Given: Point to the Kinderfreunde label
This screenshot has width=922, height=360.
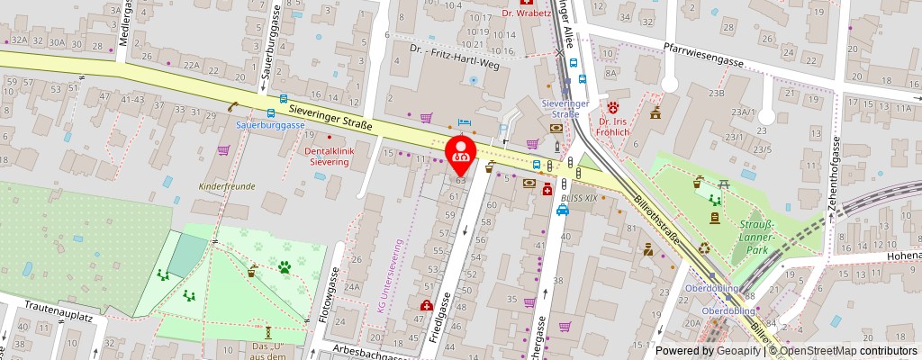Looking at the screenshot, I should click(227, 186).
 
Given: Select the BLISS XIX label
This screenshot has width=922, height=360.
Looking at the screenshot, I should click(578, 196).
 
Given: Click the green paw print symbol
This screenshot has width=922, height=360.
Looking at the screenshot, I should click(285, 266).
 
